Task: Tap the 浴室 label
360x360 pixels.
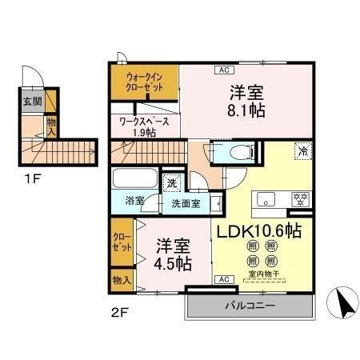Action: (134, 202)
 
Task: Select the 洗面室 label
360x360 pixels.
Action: (185, 203)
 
